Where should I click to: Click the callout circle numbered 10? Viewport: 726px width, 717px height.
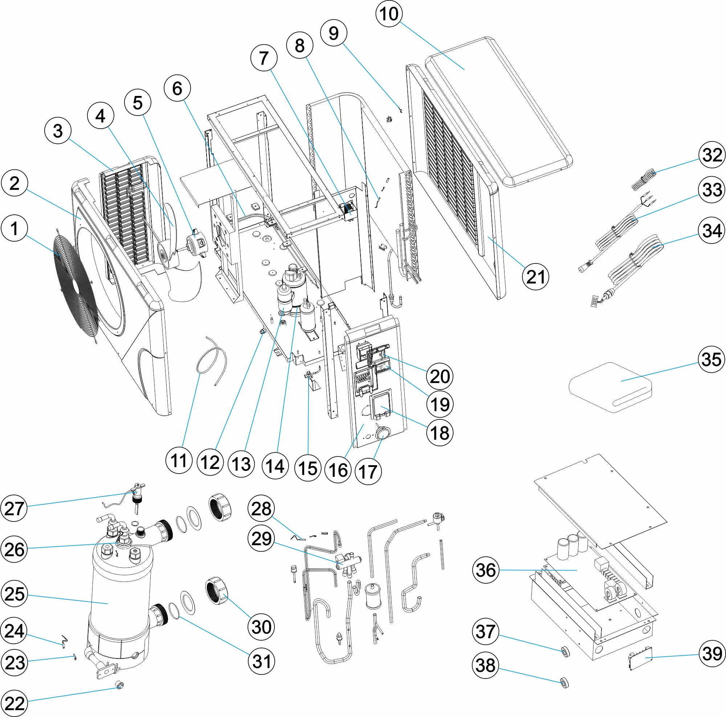(x=389, y=14)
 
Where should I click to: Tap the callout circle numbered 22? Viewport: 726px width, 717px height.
(x=14, y=703)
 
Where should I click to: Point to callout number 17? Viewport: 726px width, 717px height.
(x=368, y=471)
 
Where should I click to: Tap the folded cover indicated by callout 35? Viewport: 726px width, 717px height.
(x=610, y=387)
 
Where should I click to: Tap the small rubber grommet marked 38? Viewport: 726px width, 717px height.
(x=564, y=682)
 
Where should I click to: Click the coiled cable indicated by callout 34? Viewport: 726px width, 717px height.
(x=635, y=263)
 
